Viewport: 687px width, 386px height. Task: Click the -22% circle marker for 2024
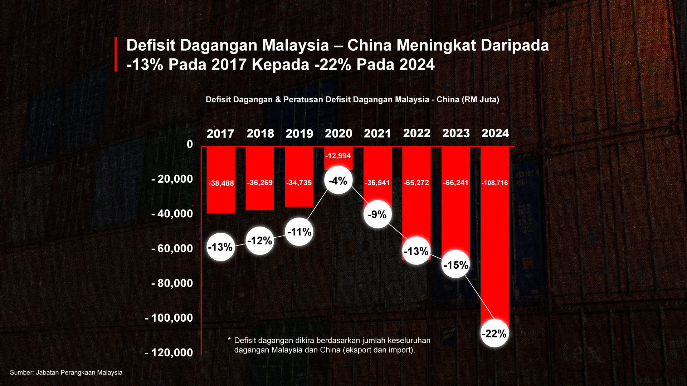click(x=494, y=333)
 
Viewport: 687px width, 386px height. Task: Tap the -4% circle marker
click(x=338, y=180)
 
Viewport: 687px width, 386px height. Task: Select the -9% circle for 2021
click(x=377, y=214)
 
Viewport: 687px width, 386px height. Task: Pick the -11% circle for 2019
click(x=299, y=232)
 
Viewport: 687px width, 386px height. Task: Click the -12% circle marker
click(x=260, y=241)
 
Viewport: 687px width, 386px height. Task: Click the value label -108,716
click(x=494, y=183)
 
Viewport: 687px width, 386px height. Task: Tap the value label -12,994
click(x=338, y=156)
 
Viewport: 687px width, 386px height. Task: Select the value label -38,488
click(x=221, y=183)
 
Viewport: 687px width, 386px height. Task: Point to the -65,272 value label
click(x=416, y=183)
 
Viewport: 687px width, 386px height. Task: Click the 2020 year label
click(x=338, y=134)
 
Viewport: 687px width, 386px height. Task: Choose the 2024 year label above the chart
click(x=495, y=133)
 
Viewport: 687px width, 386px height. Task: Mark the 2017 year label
click(x=220, y=134)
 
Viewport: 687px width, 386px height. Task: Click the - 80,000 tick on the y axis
click(x=172, y=283)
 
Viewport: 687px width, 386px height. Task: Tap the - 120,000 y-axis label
click(x=169, y=352)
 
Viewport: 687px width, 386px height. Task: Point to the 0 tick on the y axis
click(x=190, y=144)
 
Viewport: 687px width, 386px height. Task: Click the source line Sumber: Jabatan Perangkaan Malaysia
click(x=66, y=372)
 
